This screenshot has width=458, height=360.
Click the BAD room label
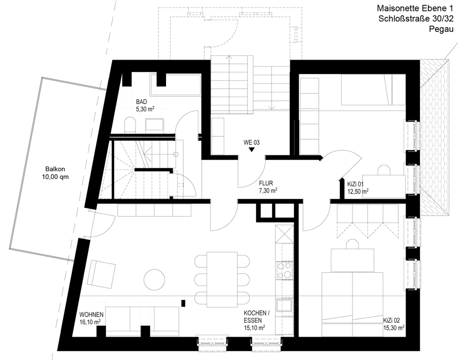(141, 102)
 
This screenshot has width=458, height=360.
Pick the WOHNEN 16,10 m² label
(90, 319)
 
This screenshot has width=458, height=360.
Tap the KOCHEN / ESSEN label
(257, 317)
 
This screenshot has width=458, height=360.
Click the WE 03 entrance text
(251, 142)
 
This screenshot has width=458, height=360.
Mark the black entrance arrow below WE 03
(251, 149)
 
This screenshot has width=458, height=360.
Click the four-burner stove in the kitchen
(286, 270)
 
